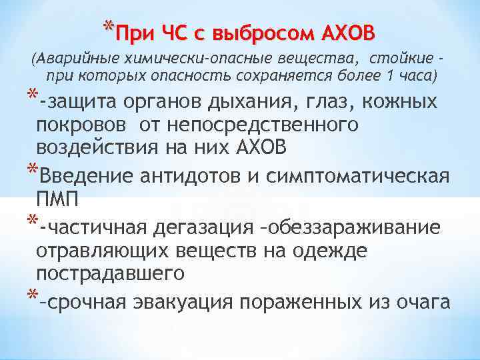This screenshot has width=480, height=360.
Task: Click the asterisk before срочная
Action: (x=31, y=297)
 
